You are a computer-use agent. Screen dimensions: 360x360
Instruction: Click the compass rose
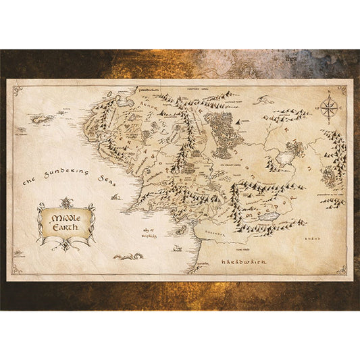(328, 107)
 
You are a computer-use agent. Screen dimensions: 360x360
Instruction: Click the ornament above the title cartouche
(66, 201)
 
